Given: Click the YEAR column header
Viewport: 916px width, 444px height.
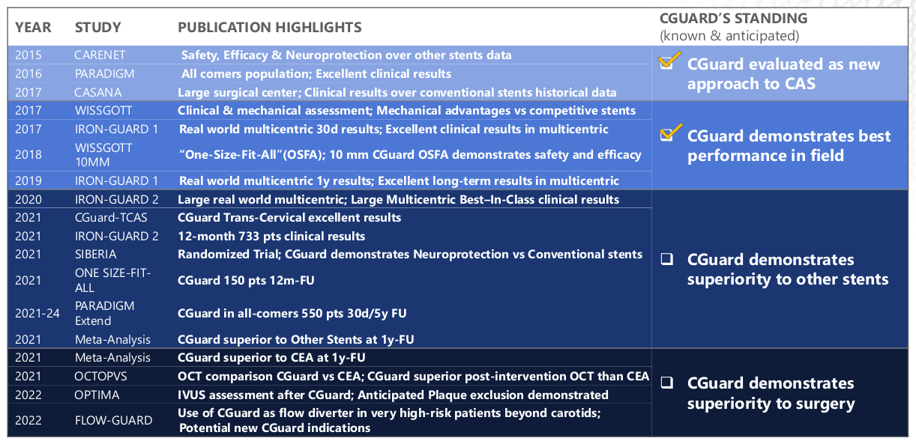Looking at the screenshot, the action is pyautogui.click(x=33, y=28).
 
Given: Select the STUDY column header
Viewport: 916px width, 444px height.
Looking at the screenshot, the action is pyautogui.click(x=98, y=28).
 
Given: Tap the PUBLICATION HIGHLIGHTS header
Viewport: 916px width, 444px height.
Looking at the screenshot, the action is pyautogui.click(x=270, y=28).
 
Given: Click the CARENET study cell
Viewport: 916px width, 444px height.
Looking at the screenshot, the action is pyautogui.click(x=100, y=55).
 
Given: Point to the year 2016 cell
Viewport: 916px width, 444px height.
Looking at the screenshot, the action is pyautogui.click(x=28, y=74).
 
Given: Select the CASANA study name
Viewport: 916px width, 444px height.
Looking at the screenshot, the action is pyautogui.click(x=98, y=93).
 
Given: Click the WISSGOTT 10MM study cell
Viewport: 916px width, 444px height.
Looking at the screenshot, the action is pyautogui.click(x=103, y=155).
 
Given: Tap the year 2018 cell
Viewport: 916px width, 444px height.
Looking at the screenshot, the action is pyautogui.click(x=28, y=155).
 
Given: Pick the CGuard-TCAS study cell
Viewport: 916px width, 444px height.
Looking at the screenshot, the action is pyautogui.click(x=111, y=218).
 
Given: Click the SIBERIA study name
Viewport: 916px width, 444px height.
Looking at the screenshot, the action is pyautogui.click(x=96, y=255).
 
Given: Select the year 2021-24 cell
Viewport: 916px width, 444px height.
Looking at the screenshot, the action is pyautogui.click(x=37, y=313).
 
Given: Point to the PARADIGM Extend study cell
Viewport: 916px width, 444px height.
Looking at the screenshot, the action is pyautogui.click(x=105, y=313).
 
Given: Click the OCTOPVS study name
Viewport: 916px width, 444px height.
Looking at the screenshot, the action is pyautogui.click(x=100, y=376).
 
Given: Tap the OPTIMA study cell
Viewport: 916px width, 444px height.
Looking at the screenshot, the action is pyautogui.click(x=97, y=395).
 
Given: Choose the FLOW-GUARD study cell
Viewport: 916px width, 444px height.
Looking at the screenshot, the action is pyautogui.click(x=114, y=420).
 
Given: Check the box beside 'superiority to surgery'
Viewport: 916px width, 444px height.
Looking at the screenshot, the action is pyautogui.click(x=667, y=383).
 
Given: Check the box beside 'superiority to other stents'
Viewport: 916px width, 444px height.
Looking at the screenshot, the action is pyautogui.click(x=667, y=259).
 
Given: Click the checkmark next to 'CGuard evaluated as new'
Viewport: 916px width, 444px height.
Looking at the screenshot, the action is pyautogui.click(x=669, y=61).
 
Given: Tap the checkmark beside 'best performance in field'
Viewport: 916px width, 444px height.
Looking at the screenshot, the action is pyautogui.click(x=671, y=133).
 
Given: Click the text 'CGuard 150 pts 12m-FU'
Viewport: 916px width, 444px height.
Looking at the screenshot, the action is pyautogui.click(x=246, y=281).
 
